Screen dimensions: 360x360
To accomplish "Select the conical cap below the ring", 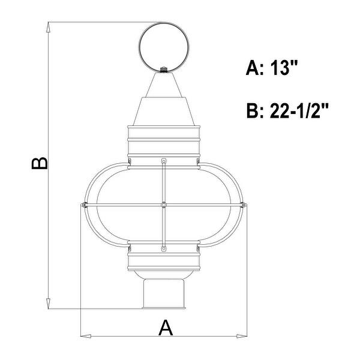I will pyautogui.click(x=164, y=96).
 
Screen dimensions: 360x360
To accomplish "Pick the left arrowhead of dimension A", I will pyautogui.click(x=85, y=334).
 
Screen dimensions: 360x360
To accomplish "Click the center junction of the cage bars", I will pyautogui.click(x=164, y=205).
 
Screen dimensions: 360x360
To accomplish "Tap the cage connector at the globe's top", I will pyautogui.click(x=164, y=162).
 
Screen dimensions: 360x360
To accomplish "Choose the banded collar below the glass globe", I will pyautogui.click(x=164, y=259).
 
